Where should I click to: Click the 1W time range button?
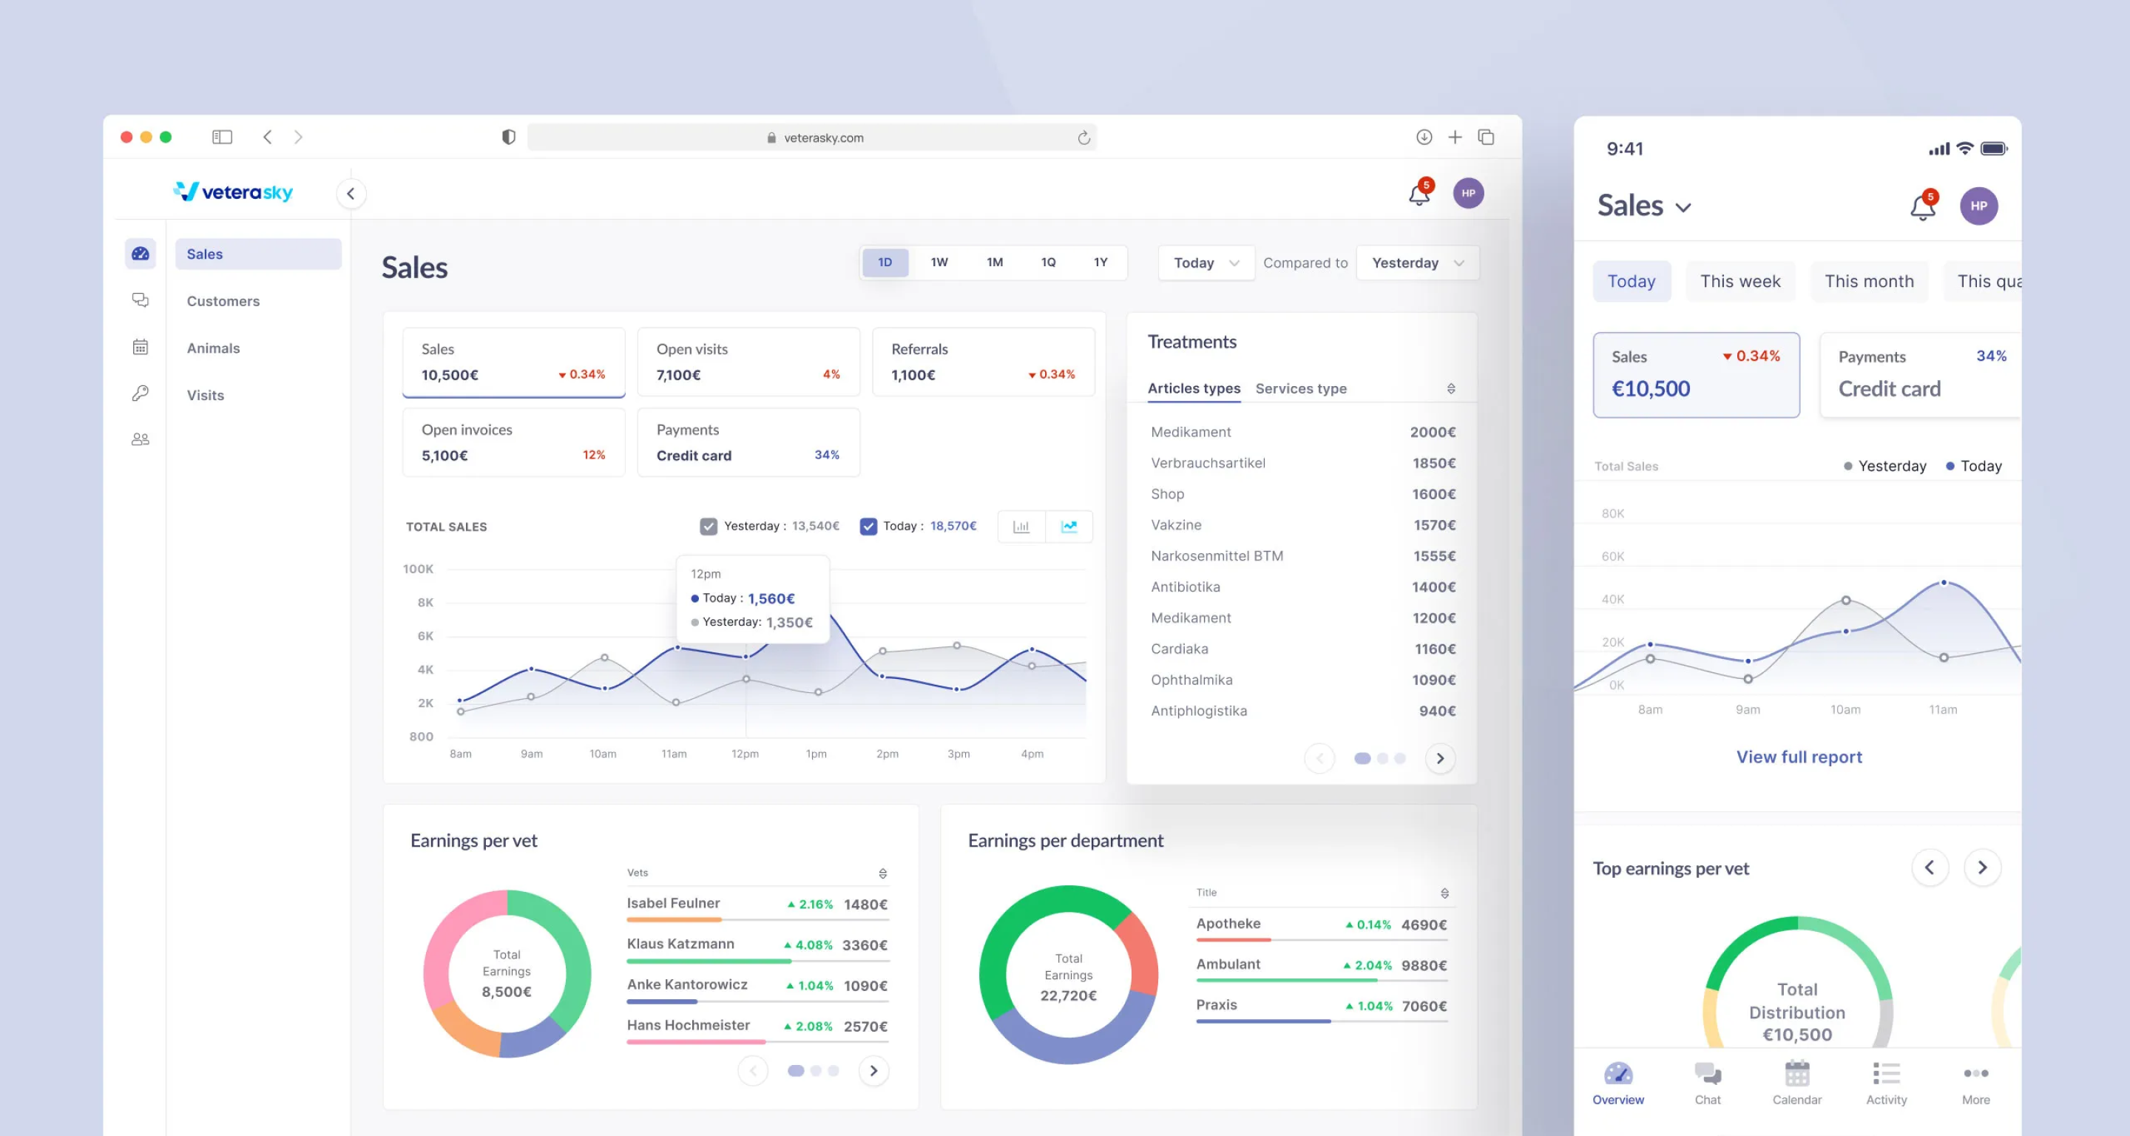click(x=939, y=263)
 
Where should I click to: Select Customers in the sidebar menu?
click(x=223, y=301)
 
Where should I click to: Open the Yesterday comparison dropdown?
click(x=1416, y=263)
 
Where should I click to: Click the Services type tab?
click(x=1300, y=388)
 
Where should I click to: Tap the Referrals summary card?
click(x=982, y=362)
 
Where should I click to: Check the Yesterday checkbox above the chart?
click(x=708, y=527)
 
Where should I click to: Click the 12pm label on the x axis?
click(x=744, y=754)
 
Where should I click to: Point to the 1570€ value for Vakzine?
click(x=1434, y=525)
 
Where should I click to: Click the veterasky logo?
click(x=234, y=192)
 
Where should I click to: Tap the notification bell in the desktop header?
click(x=1419, y=195)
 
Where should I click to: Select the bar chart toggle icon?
click(x=1021, y=527)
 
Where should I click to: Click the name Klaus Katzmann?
click(x=680, y=944)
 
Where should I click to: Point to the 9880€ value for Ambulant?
click(x=1423, y=966)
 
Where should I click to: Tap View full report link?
click(x=1799, y=757)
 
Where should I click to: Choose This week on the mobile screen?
click(x=1739, y=282)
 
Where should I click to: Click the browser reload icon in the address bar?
click(x=1083, y=138)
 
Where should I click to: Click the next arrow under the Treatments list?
click(x=1439, y=759)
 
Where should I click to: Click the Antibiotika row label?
click(x=1185, y=587)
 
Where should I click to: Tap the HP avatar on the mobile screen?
click(x=1978, y=206)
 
